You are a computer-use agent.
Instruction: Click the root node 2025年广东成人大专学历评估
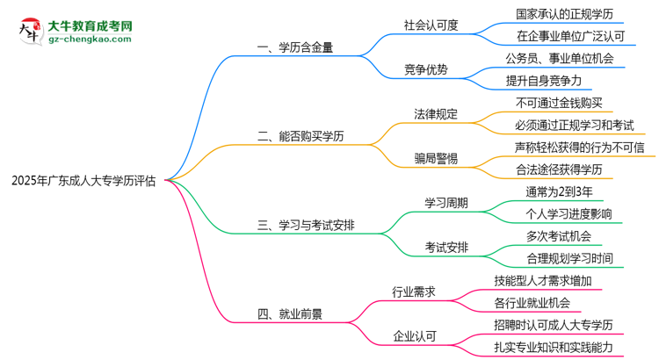pyautogui.click(x=83, y=182)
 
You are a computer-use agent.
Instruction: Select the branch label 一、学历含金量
pyautogui.click(x=294, y=47)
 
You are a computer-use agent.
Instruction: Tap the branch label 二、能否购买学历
pyautogui.click(x=301, y=136)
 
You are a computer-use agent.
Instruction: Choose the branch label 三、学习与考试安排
pyautogui.click(x=307, y=226)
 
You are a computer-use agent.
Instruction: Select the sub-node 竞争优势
pyautogui.click(x=427, y=69)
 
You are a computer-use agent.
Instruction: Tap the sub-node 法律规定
pyautogui.click(x=437, y=114)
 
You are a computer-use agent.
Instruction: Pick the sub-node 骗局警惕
pyautogui.click(x=437, y=159)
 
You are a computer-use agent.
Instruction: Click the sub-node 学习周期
pyautogui.click(x=446, y=203)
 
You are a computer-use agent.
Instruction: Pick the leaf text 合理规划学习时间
pyautogui.click(x=569, y=259)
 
